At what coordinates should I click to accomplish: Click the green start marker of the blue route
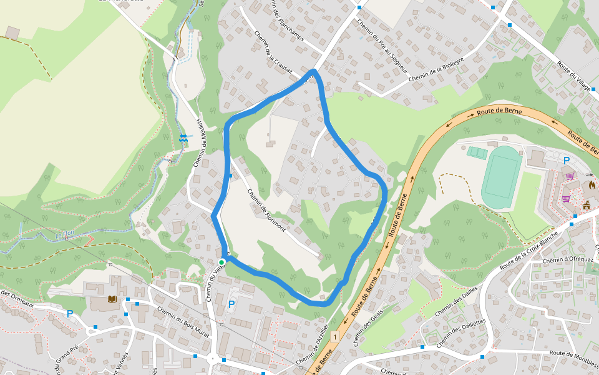coord(222,262)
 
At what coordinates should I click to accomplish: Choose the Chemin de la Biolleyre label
coord(436,69)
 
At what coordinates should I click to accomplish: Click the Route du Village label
coord(574,76)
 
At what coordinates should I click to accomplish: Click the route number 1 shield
coord(335,337)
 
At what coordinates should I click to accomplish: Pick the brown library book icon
coord(112,300)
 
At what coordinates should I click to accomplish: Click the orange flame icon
coord(592,185)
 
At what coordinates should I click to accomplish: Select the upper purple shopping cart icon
coord(570,176)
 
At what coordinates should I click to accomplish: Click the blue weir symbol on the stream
coord(183,138)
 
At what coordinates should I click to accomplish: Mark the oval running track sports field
coord(502,177)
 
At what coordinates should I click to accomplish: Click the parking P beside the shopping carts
coord(567,161)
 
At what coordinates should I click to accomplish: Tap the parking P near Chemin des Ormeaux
coord(70,314)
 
